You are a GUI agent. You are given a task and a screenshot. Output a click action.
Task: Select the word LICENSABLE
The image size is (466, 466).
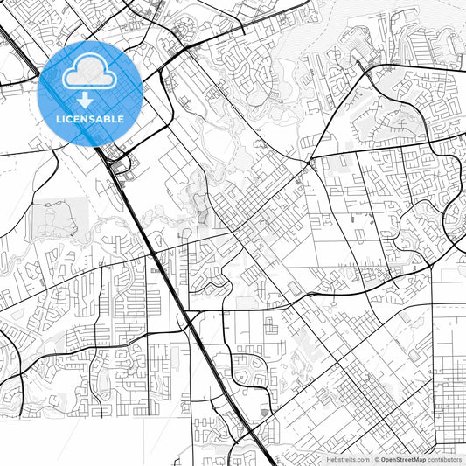90,119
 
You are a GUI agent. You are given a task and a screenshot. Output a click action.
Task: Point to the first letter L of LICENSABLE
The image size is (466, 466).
59,119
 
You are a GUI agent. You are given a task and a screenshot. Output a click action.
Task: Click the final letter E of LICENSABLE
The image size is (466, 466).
121,119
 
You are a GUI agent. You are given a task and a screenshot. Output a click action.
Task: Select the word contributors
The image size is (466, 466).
445,459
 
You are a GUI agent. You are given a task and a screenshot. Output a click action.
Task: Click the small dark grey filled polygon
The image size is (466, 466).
265,411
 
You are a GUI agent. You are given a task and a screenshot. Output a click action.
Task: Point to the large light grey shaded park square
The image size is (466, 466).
59,220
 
